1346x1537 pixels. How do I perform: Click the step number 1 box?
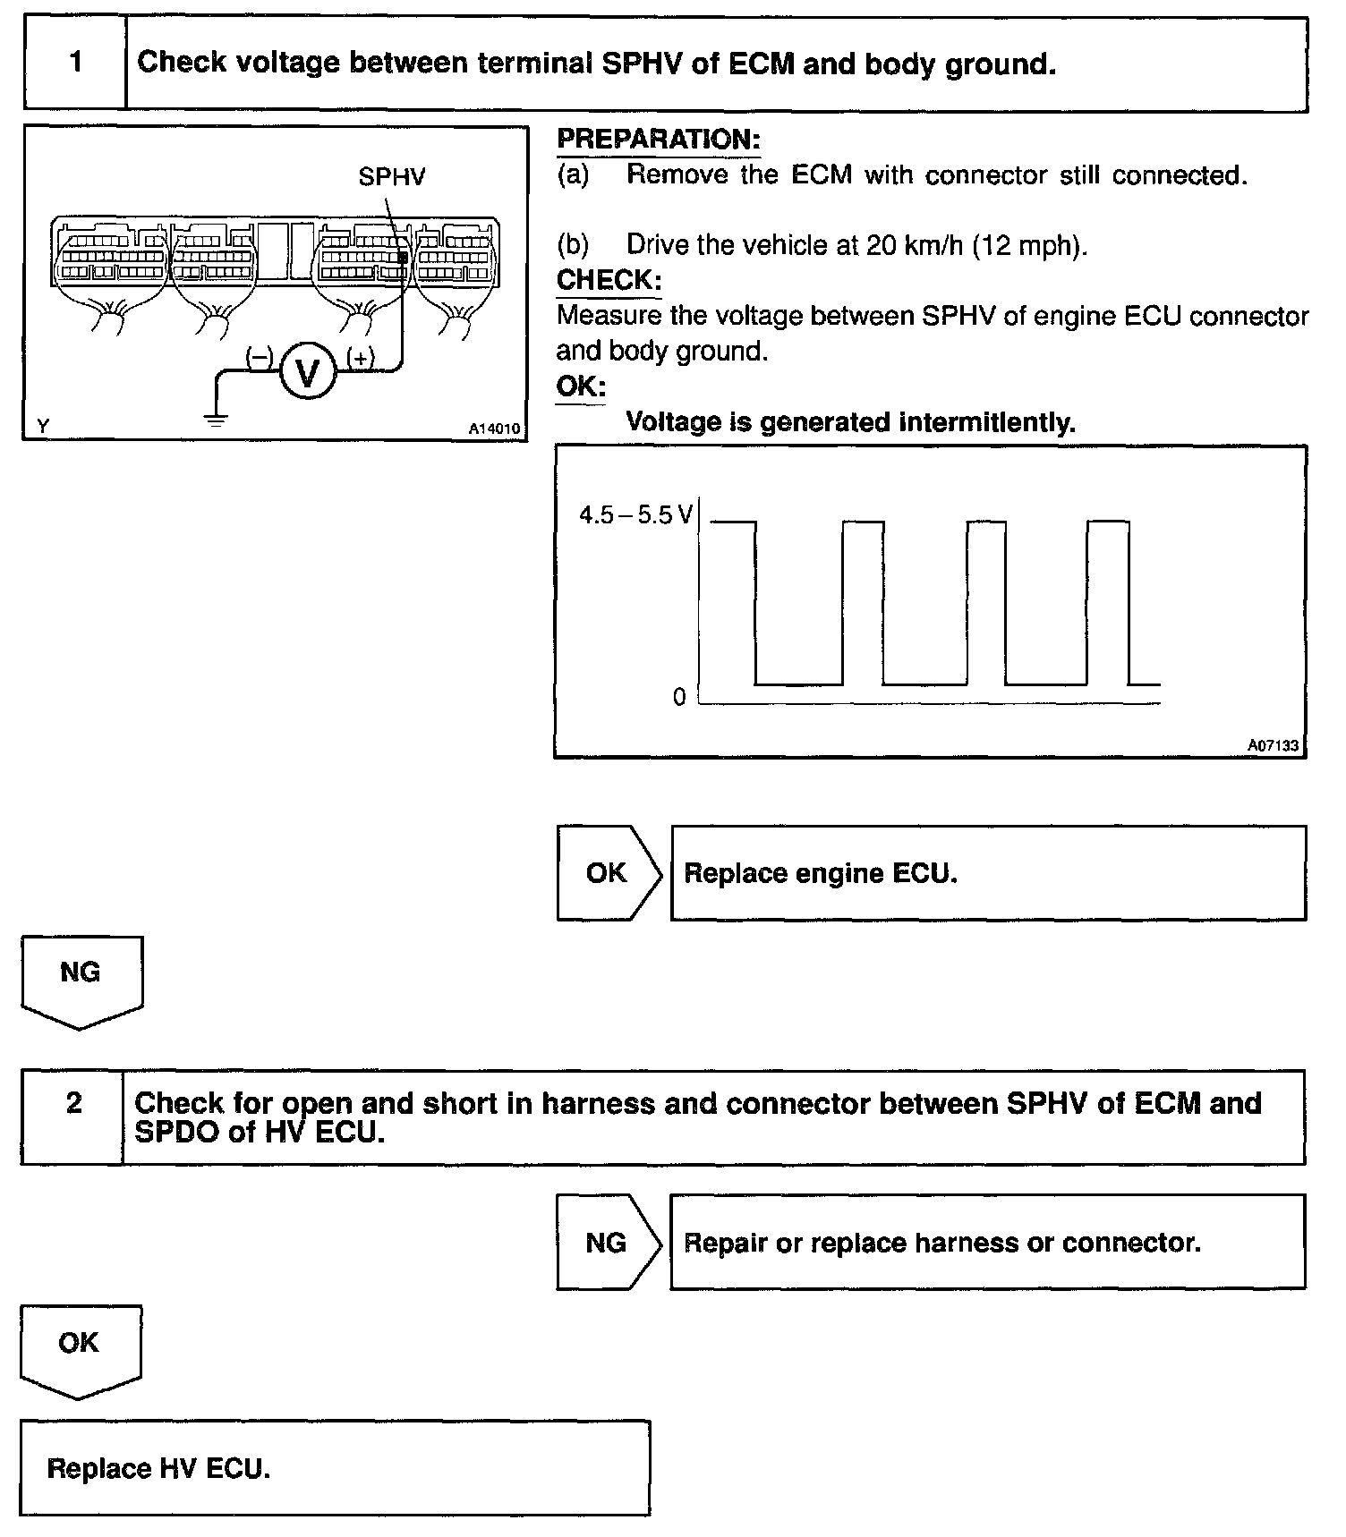[x=76, y=63]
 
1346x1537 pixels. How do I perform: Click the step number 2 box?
[x=73, y=1103]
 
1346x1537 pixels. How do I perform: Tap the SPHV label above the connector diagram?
[x=391, y=177]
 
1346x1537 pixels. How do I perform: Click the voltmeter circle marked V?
[x=307, y=372]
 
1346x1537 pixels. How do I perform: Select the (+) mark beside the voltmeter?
[x=361, y=358]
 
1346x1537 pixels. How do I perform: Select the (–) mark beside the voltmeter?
[x=259, y=358]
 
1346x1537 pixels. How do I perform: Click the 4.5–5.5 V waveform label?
[x=635, y=515]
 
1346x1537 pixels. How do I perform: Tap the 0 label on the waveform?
[x=679, y=697]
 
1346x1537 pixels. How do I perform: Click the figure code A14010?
[x=493, y=429]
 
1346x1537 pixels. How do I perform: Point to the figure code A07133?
[x=1273, y=744]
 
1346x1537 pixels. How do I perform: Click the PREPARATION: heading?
[x=658, y=140]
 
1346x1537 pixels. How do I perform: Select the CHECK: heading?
[x=609, y=280]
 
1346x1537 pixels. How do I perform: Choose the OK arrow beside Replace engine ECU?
[x=609, y=873]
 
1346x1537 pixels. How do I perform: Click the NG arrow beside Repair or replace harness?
[x=608, y=1243]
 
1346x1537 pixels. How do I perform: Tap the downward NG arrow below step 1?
[x=81, y=978]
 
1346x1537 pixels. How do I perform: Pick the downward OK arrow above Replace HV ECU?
[x=80, y=1347]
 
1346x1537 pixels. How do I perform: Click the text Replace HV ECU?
[x=158, y=1468]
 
